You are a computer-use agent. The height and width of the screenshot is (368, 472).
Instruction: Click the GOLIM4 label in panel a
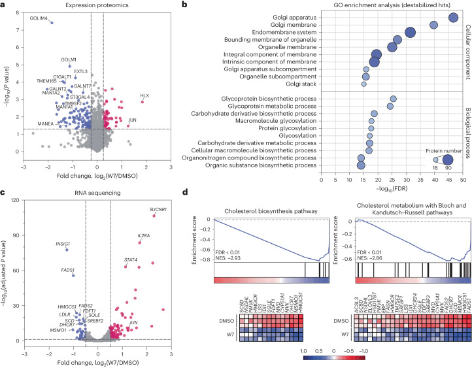[x=39, y=18]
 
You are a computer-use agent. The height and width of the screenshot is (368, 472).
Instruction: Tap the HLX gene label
[x=144, y=95]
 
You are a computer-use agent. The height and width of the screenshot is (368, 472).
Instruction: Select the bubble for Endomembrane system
[x=411, y=33]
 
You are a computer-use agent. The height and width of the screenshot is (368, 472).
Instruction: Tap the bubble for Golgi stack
[x=364, y=84]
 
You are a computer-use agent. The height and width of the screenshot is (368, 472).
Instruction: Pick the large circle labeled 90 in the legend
[x=447, y=159]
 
